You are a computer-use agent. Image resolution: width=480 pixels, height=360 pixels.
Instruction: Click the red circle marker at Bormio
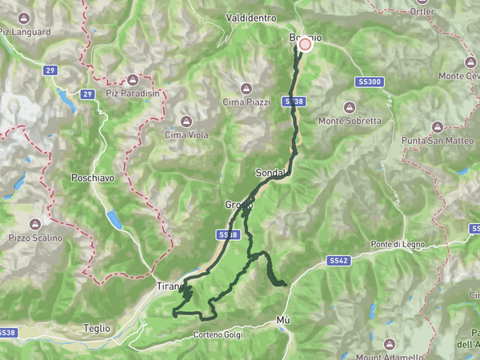tap(305, 46)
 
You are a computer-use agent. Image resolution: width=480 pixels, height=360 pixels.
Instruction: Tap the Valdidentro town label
tap(250, 17)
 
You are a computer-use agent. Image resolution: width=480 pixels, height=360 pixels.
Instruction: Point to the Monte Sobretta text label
tap(350, 121)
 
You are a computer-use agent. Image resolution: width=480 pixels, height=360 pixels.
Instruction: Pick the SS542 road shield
tap(338, 261)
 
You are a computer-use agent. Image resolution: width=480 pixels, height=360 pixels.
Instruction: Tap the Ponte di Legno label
tap(396, 244)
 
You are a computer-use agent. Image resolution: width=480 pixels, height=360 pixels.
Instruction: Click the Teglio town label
tap(97, 328)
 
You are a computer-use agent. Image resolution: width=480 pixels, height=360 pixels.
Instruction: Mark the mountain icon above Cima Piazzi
tap(246, 88)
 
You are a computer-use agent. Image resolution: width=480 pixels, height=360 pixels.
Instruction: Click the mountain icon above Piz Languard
tap(25, 18)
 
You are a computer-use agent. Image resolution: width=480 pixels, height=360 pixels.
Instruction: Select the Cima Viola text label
tap(186, 135)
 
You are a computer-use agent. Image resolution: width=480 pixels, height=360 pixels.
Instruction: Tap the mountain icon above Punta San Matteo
tap(438, 126)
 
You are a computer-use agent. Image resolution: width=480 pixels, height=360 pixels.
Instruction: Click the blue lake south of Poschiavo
tap(116, 218)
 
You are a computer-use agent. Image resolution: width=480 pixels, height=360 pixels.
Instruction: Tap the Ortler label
tap(422, 12)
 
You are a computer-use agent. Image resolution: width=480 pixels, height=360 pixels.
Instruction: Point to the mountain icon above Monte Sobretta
tap(350, 107)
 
